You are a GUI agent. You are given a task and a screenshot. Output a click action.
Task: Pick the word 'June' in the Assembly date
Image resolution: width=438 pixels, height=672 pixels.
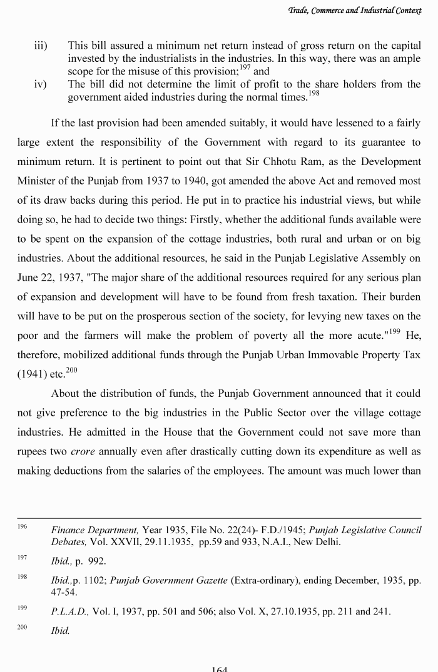coord(28,278)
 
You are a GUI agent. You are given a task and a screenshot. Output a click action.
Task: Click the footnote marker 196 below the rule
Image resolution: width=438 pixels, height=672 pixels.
coord(23,527)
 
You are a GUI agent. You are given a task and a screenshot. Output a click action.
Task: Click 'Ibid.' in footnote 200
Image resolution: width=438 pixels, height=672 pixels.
coord(61,631)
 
